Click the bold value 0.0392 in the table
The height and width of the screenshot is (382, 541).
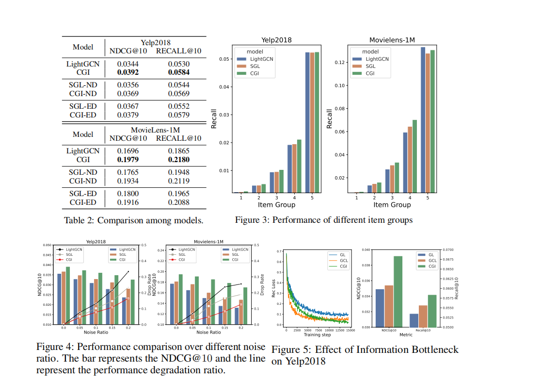pos(127,72)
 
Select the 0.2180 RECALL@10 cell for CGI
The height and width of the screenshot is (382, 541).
pos(178,160)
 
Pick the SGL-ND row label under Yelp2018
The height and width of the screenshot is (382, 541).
pos(82,85)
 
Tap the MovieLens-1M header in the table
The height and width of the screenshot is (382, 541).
pos(155,130)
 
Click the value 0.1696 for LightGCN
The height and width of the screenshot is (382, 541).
pos(127,151)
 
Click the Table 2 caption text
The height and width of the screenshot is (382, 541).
pos(133,220)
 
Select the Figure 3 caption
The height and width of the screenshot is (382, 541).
pos(323,220)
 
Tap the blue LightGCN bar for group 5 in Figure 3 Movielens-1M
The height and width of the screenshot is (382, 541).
pos(423,120)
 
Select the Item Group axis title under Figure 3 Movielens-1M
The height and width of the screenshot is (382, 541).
pos(392,205)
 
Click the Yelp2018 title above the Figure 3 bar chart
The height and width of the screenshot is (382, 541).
pos(276,40)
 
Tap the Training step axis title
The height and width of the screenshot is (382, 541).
pos(318,335)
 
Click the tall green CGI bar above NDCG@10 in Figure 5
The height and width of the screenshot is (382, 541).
pos(398,291)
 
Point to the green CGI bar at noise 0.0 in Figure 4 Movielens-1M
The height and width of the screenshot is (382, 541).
pos(180,299)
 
